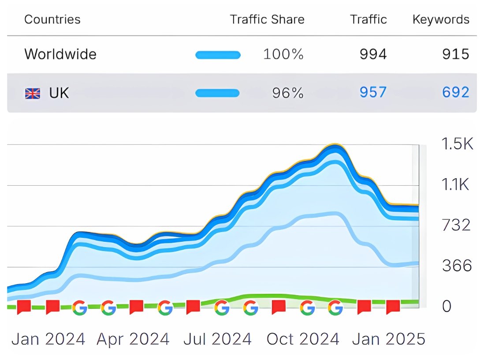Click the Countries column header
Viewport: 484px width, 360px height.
[x=52, y=20]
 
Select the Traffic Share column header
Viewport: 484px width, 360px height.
[x=267, y=20]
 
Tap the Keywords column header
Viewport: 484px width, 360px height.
[x=440, y=20]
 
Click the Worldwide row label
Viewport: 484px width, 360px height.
[x=60, y=54]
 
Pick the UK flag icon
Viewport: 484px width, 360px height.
[x=32, y=94]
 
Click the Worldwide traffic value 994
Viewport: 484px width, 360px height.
[x=373, y=54]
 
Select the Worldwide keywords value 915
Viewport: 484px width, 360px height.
[x=456, y=54]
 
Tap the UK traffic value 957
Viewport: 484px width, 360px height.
[x=373, y=93]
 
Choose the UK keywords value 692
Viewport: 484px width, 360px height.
[x=456, y=93]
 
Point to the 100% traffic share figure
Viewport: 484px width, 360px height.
[x=283, y=54]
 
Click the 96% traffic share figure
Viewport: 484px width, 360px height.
[x=287, y=93]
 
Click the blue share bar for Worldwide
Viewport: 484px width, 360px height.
[x=218, y=55]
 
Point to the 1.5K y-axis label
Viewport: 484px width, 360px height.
[x=457, y=144]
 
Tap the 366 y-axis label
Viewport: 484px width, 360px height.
[x=457, y=266]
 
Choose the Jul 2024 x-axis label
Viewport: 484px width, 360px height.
[x=217, y=339]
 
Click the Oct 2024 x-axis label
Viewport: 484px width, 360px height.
[x=303, y=339]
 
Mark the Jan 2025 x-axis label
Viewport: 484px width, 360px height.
[x=389, y=339]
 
